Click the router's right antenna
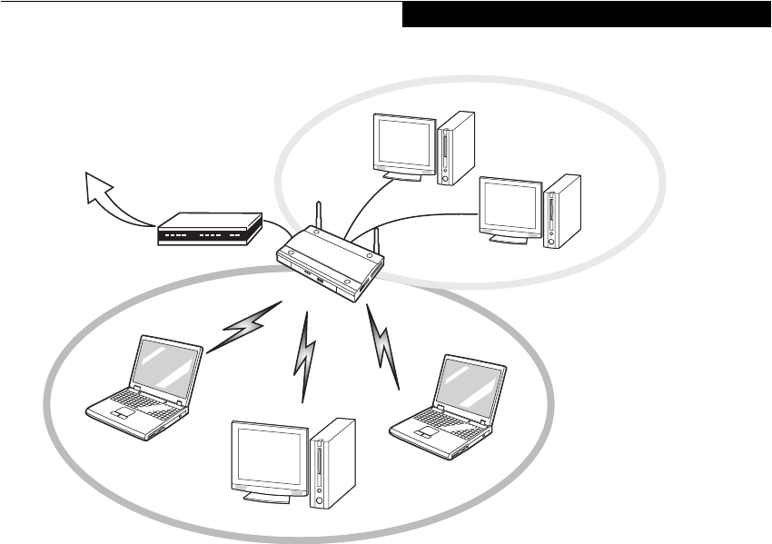click(372, 241)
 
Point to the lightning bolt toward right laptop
click(382, 346)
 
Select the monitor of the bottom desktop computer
click(270, 458)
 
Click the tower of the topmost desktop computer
click(454, 147)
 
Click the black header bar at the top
click(586, 14)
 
